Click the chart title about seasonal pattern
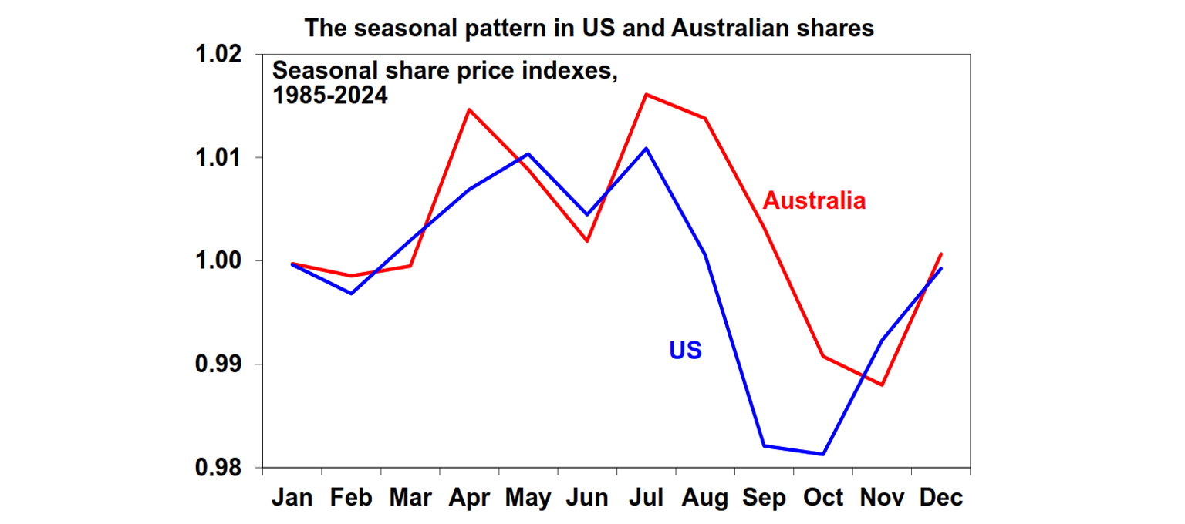(589, 28)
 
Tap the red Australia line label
(814, 201)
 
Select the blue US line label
(685, 351)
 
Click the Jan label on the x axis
(292, 498)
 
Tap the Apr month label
(469, 498)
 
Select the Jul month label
(646, 498)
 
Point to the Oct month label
(823, 498)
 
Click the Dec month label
(941, 498)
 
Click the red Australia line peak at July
(646, 94)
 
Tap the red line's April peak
(469, 109)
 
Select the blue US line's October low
(823, 454)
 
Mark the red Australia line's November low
(882, 385)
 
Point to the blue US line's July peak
(646, 148)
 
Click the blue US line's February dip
(351, 294)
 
